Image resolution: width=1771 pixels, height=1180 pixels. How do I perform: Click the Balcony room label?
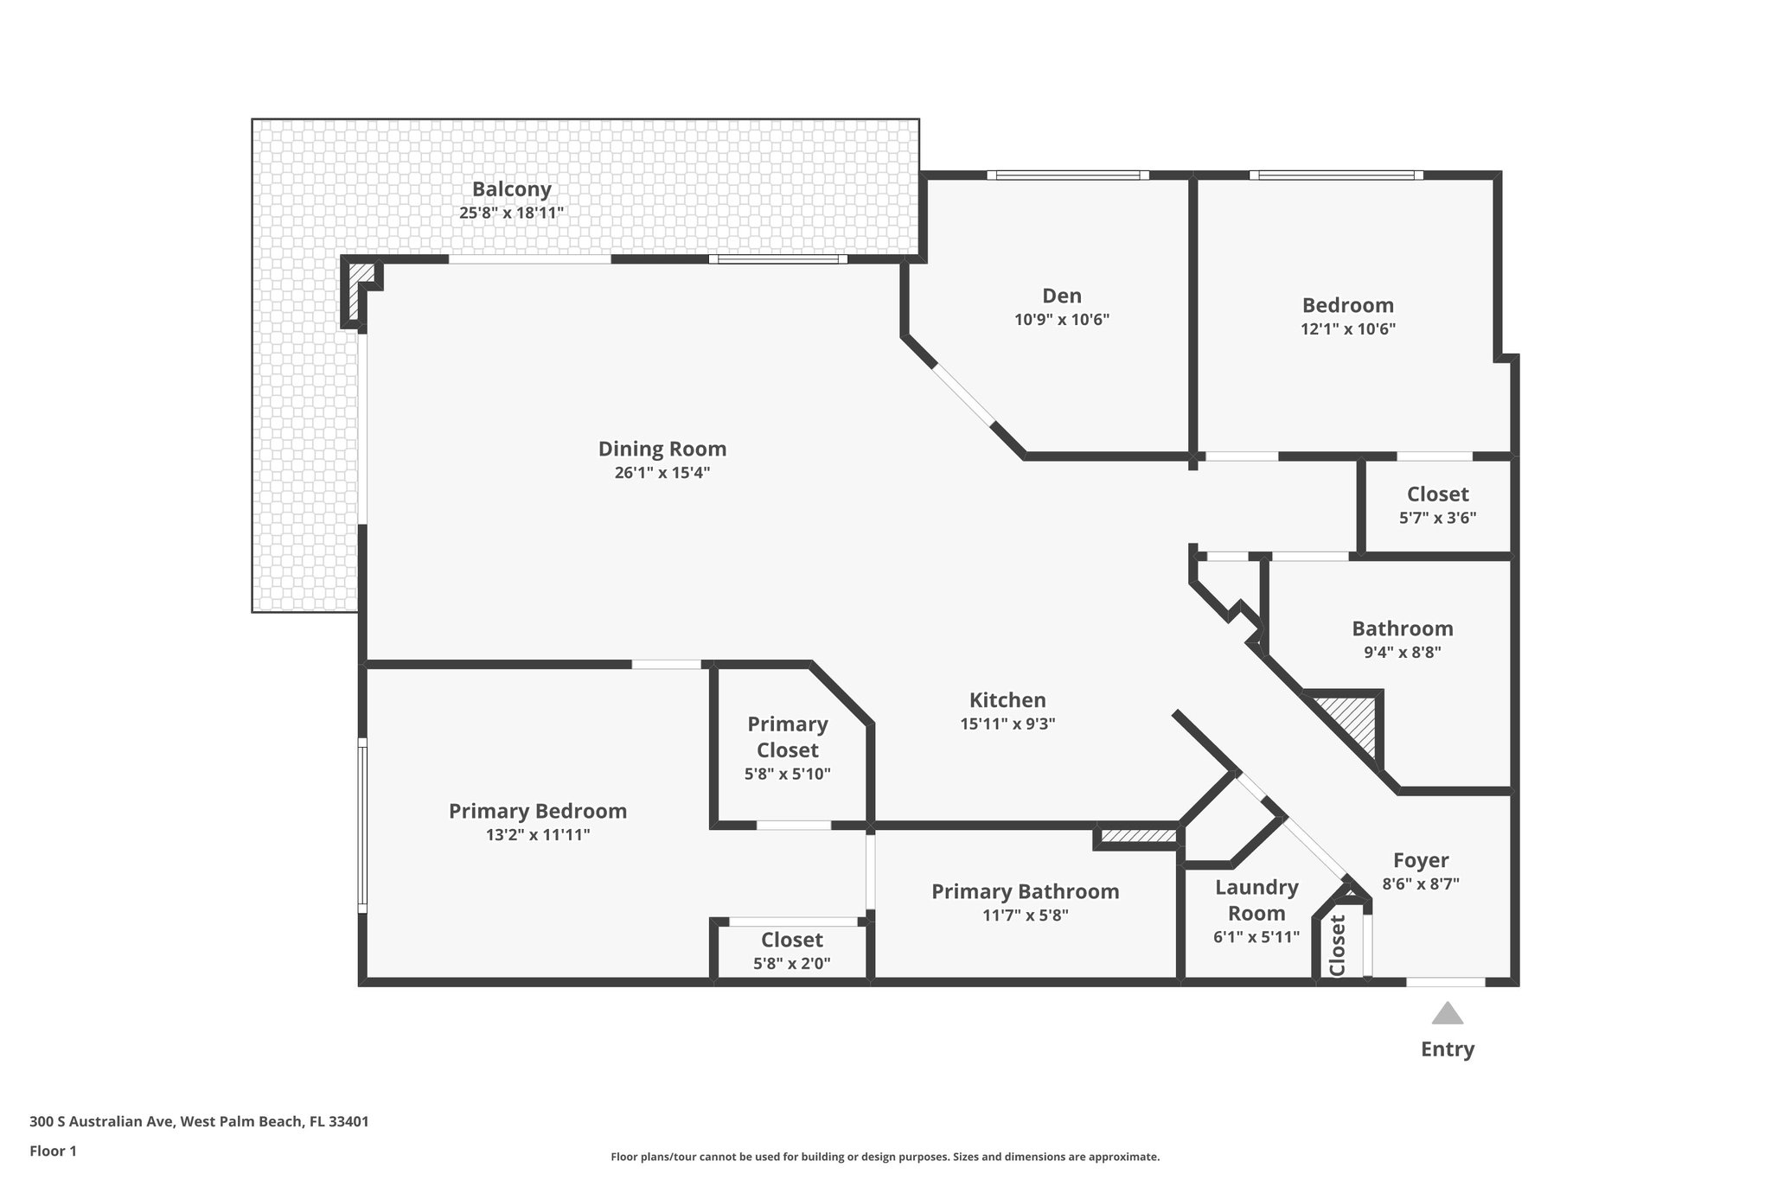pos(511,189)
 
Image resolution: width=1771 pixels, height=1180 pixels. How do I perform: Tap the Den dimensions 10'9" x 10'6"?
pos(1061,320)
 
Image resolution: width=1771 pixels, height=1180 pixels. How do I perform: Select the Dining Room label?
pos(662,449)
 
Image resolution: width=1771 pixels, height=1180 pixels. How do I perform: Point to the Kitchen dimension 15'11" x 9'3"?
pos(1007,724)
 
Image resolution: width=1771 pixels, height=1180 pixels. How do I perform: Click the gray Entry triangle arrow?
pos(1447,1013)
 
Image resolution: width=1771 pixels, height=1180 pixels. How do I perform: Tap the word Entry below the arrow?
pos(1447,1049)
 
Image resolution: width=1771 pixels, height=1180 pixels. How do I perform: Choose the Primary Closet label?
pos(787,737)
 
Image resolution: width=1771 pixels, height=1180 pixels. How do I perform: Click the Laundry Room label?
pos(1256,900)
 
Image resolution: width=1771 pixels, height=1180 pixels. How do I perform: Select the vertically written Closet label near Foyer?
pos(1337,945)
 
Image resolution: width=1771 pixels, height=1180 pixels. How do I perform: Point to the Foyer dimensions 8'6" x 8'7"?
pos(1420,884)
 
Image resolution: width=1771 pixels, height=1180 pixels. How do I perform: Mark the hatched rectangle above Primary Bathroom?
pos(1139,836)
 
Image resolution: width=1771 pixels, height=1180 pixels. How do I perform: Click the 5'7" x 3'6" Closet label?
pos(1437,494)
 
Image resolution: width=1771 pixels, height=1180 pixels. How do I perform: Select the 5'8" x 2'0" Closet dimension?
pos(791,963)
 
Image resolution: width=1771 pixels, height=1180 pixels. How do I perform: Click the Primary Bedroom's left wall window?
pos(362,826)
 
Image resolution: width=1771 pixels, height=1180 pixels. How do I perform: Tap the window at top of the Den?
pos(1068,175)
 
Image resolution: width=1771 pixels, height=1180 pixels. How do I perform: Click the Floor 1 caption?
pos(54,1151)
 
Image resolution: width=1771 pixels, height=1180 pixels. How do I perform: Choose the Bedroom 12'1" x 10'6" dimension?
pos(1347,329)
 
